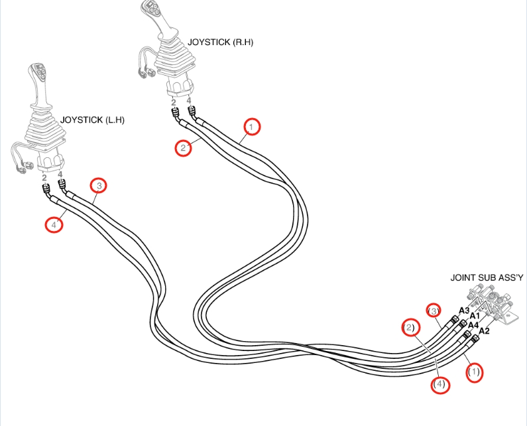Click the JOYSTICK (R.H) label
pos(220,42)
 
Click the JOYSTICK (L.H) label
pos(92,120)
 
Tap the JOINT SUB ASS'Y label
pos(487,277)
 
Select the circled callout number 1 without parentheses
pos(252,127)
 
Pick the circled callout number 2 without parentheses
pos(183,148)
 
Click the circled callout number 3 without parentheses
pos(99,185)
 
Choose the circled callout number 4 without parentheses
pos(54,224)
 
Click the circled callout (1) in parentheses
pos(474,372)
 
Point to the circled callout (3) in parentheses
pos(434,311)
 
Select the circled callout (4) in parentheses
pos(439,384)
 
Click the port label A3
pos(464,311)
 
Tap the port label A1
pos(474,316)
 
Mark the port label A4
pos(473,325)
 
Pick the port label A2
pos(484,331)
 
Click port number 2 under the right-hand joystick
pos(174,102)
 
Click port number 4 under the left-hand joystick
pos(60,175)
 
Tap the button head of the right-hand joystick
pos(150,7)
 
